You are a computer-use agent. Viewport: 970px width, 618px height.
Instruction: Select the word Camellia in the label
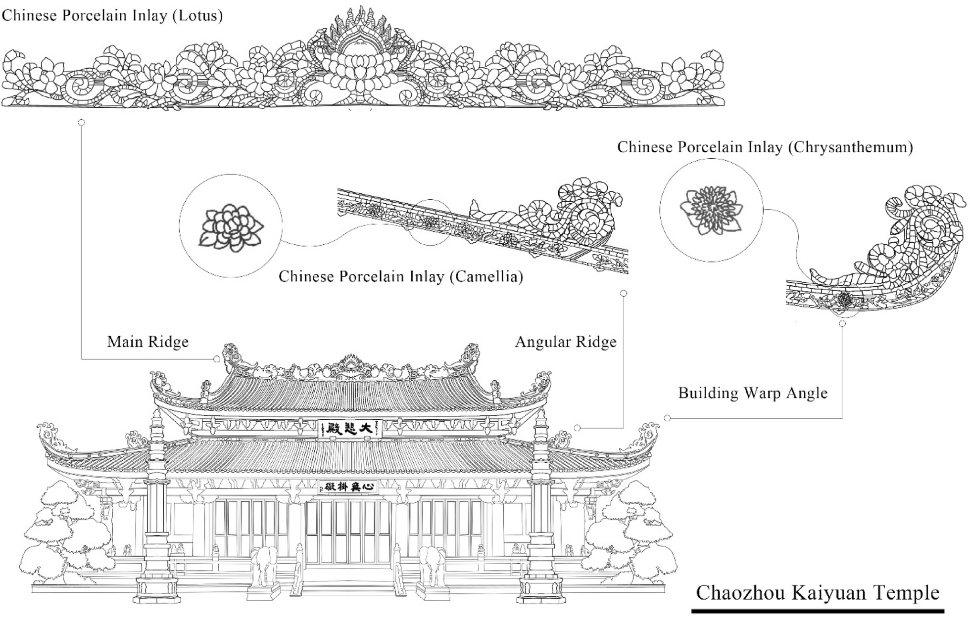click(x=486, y=276)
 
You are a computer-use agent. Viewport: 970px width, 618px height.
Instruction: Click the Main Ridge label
click(x=148, y=342)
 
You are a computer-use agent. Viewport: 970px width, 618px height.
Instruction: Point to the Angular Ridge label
click(x=566, y=342)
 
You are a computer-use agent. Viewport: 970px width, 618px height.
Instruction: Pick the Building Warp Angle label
click(x=753, y=394)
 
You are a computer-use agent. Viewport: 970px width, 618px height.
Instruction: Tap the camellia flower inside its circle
click(x=231, y=227)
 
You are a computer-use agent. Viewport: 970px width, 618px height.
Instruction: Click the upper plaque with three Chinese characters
click(x=350, y=428)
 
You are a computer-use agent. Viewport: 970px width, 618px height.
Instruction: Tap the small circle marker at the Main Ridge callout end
click(x=217, y=359)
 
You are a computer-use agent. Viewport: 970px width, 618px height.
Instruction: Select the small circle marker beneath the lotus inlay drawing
click(x=82, y=122)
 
